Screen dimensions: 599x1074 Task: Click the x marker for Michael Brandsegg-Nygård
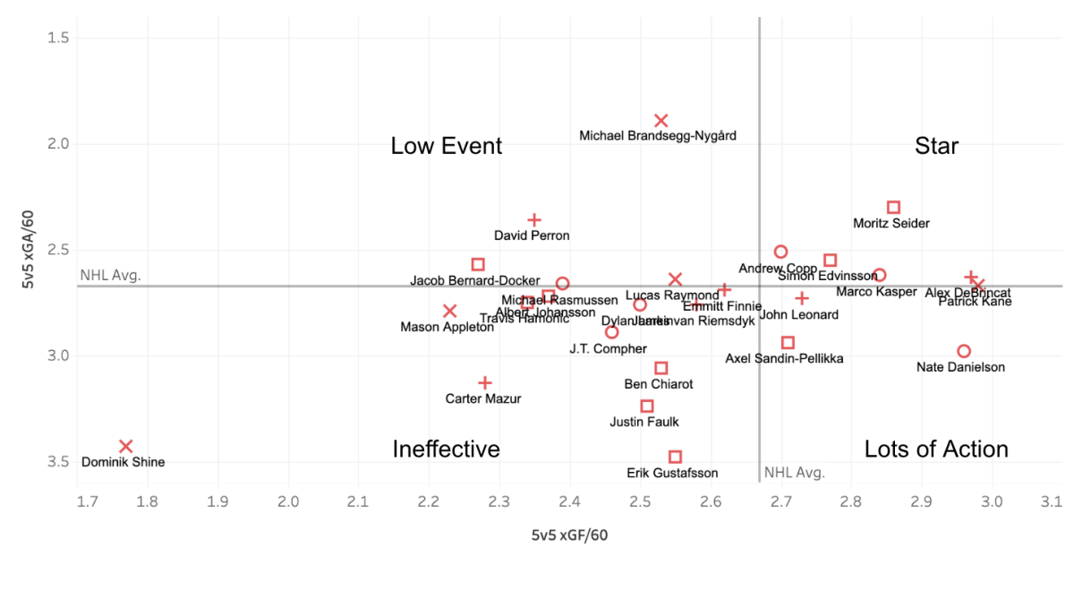(x=661, y=121)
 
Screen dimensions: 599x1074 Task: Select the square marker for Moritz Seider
(x=893, y=208)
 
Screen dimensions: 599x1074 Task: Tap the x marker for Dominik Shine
(x=126, y=447)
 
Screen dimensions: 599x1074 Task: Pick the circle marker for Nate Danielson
(x=964, y=352)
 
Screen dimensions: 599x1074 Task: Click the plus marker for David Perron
(x=534, y=220)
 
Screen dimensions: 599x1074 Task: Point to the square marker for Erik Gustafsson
(x=675, y=458)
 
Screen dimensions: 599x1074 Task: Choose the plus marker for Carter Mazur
(x=485, y=383)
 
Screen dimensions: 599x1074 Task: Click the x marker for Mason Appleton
(x=450, y=312)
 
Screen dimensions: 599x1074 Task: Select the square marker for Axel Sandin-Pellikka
(x=788, y=343)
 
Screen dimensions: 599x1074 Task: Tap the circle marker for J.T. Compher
(x=612, y=332)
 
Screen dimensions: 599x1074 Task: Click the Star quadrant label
(x=936, y=146)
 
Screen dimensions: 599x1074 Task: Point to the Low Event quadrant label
(x=447, y=146)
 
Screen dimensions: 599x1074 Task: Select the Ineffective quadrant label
(x=446, y=449)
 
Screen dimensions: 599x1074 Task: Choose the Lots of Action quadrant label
(x=936, y=449)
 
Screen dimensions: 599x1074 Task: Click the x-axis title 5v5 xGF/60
(x=570, y=535)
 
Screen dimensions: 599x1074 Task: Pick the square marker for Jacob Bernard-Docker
(x=478, y=265)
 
